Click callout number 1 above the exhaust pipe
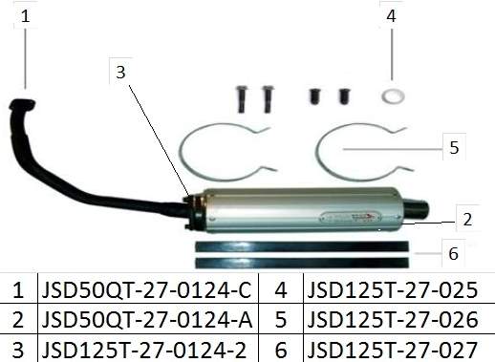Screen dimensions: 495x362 click(x=26, y=16)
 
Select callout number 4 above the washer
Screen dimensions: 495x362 click(x=391, y=16)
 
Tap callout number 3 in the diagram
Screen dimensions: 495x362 click(x=120, y=72)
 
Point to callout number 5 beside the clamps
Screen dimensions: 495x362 click(x=454, y=148)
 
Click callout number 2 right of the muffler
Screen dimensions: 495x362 click(x=467, y=220)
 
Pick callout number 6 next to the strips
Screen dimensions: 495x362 click(x=453, y=254)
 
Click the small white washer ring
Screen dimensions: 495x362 click(x=394, y=96)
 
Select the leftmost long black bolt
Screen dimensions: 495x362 click(x=242, y=99)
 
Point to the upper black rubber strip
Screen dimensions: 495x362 click(x=302, y=246)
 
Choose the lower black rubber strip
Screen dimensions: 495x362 click(x=302, y=263)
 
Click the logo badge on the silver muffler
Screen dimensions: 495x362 click(x=352, y=218)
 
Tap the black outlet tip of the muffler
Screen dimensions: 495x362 click(x=416, y=208)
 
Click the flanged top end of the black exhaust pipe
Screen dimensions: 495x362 click(x=22, y=105)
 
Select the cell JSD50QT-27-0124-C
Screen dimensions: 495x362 click(x=146, y=289)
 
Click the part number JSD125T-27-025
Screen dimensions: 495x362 click(x=393, y=289)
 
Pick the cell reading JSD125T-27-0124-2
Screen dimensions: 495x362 click(x=144, y=350)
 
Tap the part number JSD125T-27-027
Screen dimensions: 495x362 click(x=393, y=350)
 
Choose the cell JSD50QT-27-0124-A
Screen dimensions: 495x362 click(x=147, y=320)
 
